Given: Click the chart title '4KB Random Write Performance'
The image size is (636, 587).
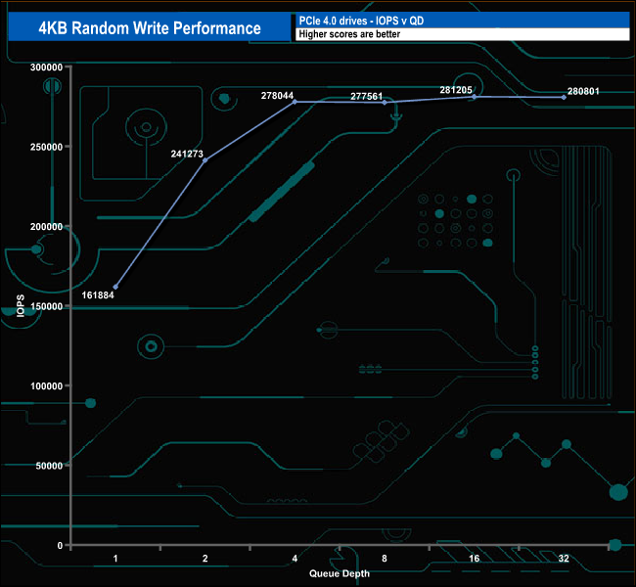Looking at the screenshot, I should coord(149,27).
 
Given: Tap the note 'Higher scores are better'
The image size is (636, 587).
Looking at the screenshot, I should coord(349,34).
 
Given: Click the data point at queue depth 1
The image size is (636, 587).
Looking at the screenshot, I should coord(115,287).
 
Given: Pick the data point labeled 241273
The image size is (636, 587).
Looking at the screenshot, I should coord(204,160).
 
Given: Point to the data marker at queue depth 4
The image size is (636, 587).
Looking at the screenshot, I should coord(295,102).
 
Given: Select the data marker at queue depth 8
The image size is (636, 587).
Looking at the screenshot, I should coord(385,103).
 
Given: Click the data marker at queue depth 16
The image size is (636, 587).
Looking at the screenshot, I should coord(475,97).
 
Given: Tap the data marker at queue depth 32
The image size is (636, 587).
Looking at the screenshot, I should coord(564,97).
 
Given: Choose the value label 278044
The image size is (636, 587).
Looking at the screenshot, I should coord(278,95).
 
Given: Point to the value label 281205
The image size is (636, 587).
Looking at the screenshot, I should coord(457,89).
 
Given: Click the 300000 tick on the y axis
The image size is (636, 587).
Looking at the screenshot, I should coord(46,67).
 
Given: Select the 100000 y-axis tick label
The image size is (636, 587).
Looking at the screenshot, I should coord(46,385).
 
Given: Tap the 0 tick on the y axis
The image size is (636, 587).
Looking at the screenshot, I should coord(60,545).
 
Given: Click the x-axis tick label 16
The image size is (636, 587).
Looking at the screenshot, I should coord(475,559).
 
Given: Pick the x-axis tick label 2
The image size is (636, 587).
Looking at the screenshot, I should coord(204,559).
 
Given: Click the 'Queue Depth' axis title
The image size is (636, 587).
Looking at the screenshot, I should coord(340,573).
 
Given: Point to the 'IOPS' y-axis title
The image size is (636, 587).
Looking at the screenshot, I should coord(21,305).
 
